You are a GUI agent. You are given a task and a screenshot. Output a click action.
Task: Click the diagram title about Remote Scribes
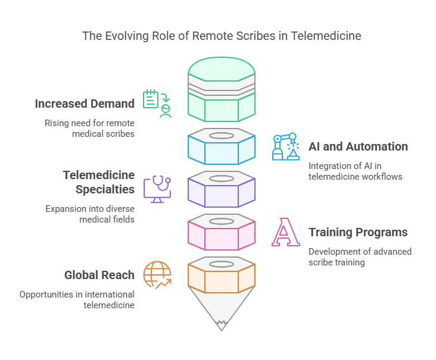[x=222, y=36]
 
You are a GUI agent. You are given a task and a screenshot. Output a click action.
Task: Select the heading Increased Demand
[x=85, y=104]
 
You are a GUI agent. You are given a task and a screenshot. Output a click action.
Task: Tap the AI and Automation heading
[x=358, y=146]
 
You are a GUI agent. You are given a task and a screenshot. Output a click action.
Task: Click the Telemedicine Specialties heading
[x=99, y=182]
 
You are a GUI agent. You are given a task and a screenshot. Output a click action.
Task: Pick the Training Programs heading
[x=358, y=232]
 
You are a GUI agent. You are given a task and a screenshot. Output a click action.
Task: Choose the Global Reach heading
[x=99, y=275]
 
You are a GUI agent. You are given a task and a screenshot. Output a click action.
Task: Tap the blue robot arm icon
[x=285, y=147]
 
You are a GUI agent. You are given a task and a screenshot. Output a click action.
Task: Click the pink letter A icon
[x=285, y=232]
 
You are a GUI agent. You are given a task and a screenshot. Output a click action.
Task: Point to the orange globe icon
[x=157, y=274]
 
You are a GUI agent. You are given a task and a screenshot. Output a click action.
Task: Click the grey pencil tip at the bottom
[x=222, y=309]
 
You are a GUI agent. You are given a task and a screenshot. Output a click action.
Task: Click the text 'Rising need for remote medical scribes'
[x=89, y=129]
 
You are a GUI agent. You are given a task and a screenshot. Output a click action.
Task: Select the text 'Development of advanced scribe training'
[x=360, y=257]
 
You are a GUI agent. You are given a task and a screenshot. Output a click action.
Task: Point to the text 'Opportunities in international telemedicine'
[x=77, y=300]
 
